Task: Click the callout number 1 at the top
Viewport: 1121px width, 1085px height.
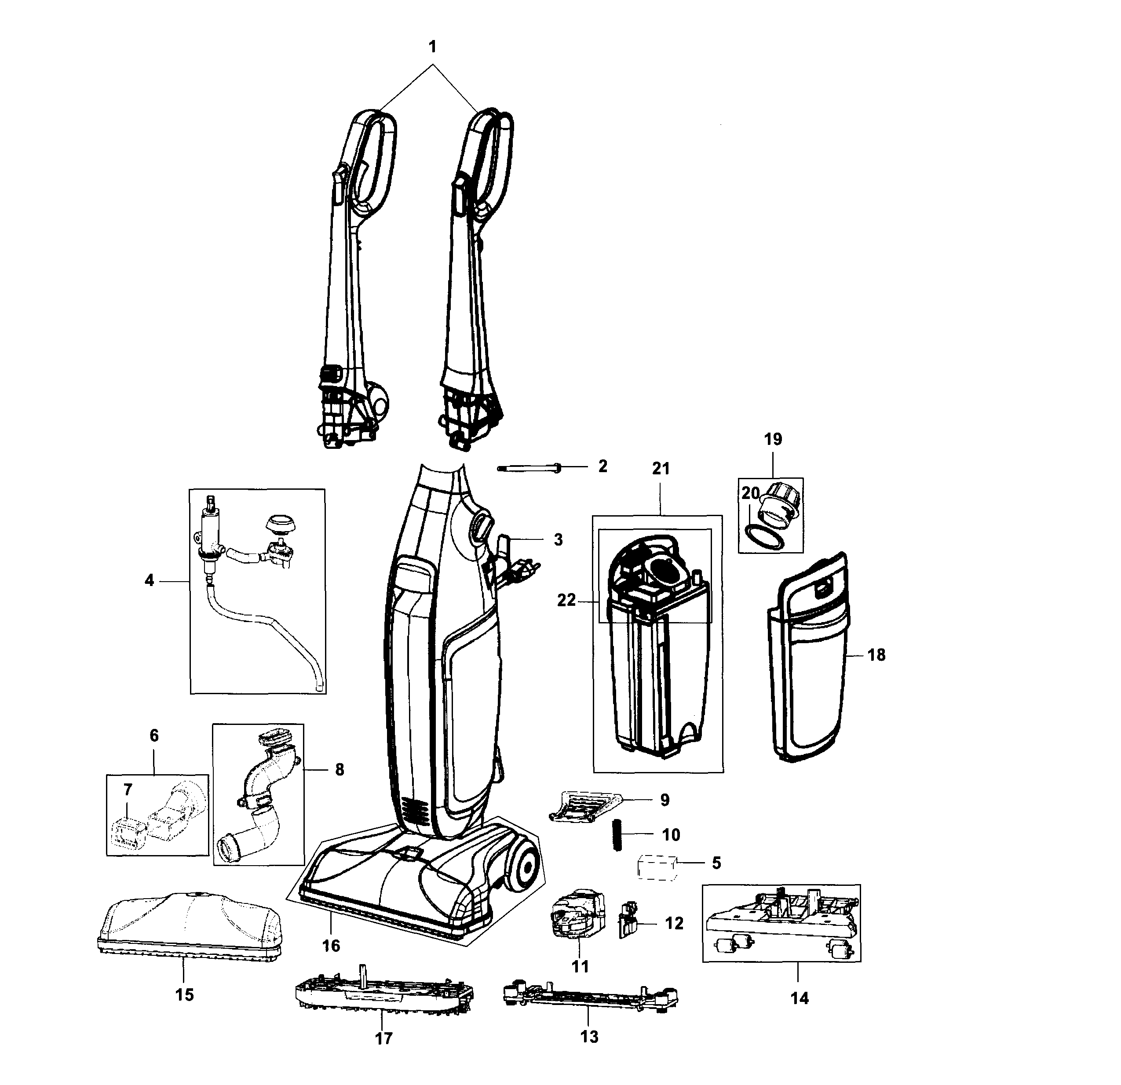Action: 432,47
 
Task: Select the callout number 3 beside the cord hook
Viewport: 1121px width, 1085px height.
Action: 558,539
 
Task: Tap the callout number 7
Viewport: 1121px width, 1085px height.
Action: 128,790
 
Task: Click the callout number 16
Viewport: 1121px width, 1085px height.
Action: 331,946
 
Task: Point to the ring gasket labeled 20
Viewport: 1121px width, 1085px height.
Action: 764,539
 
